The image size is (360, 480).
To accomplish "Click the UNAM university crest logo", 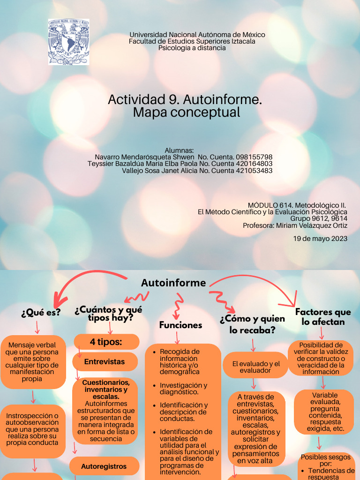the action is (68, 42).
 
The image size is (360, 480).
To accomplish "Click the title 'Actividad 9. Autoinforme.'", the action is (185, 100).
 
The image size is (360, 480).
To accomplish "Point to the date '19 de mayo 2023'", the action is (320, 239).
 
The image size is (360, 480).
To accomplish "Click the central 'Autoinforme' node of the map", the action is (173, 283).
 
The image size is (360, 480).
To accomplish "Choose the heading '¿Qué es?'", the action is (41, 313).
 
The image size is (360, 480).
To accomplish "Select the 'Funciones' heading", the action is (180, 325).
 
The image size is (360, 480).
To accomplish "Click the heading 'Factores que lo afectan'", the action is (323, 317).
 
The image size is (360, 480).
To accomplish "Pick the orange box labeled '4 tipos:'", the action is (106, 342).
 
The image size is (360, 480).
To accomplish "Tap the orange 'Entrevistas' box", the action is (105, 362).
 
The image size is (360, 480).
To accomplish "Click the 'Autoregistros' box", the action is (104, 466).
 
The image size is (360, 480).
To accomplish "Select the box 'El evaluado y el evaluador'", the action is (255, 367).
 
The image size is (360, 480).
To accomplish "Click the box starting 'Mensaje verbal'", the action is (33, 362).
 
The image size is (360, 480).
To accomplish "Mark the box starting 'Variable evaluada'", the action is (324, 412).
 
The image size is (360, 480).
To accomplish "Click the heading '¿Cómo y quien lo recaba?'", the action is (252, 324).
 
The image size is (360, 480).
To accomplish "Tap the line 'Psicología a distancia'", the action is (192, 48).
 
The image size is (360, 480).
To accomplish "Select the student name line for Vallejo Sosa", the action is (197, 171).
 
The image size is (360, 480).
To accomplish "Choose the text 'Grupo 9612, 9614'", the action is (319, 218).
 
